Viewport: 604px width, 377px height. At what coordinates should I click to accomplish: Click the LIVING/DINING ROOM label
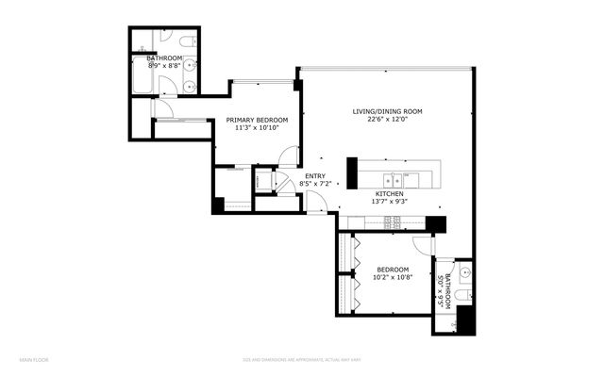point(387,111)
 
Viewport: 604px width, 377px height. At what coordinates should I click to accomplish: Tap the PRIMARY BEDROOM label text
point(257,120)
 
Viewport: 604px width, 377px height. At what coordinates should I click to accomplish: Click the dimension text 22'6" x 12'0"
point(387,120)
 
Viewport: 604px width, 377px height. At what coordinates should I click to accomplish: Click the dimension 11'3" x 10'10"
point(257,128)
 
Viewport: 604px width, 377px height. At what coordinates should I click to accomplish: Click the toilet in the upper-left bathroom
point(186,41)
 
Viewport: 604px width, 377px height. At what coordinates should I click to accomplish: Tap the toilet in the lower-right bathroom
point(461,297)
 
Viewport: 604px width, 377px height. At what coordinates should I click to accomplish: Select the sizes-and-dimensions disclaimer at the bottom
point(290,359)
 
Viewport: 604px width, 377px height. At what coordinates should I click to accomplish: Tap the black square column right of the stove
point(435,223)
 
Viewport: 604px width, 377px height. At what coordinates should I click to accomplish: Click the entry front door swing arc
point(318,203)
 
